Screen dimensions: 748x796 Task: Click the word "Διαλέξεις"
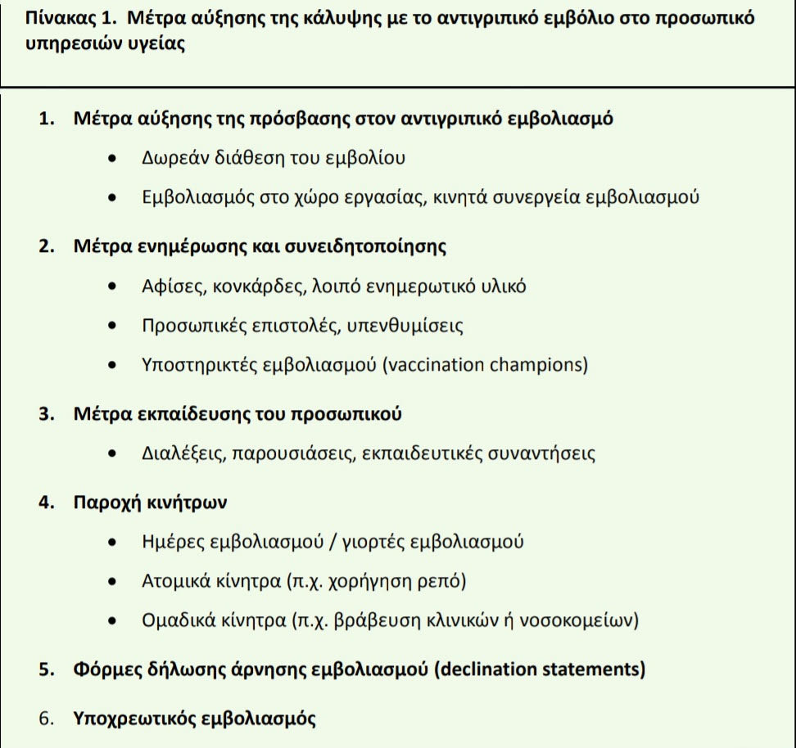click(x=180, y=453)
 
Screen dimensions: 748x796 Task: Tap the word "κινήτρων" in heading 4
click(x=189, y=502)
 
